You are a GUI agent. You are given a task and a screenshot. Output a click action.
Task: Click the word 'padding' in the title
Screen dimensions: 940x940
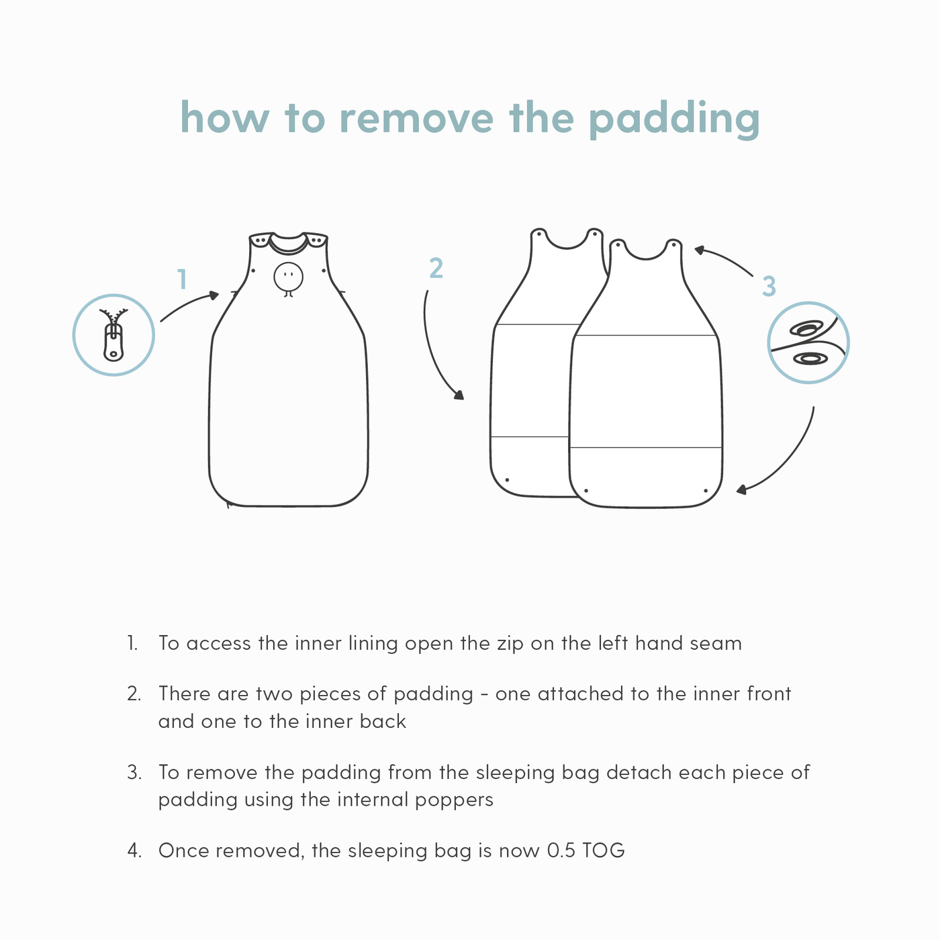pyautogui.click(x=674, y=120)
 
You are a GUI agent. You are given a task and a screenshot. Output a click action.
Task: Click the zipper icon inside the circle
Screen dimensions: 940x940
pyautogui.click(x=113, y=335)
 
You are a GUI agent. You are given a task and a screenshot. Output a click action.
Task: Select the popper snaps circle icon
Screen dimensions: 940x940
pyautogui.click(x=808, y=342)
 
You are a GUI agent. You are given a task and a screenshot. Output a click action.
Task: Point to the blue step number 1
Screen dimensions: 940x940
pyautogui.click(x=181, y=279)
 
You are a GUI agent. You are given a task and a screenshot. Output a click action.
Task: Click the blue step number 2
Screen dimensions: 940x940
pyautogui.click(x=436, y=269)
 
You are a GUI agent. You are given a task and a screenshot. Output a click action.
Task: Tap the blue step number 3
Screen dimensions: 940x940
pyautogui.click(x=769, y=287)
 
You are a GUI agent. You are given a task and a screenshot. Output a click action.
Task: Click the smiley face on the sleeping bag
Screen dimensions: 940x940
pyautogui.click(x=289, y=277)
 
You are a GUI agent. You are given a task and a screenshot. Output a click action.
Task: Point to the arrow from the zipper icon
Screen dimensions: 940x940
pyautogui.click(x=189, y=305)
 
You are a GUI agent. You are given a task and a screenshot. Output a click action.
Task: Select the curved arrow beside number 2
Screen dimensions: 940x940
pyautogui.click(x=436, y=349)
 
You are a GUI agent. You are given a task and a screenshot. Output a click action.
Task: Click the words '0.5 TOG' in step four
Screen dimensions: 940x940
pyautogui.click(x=586, y=851)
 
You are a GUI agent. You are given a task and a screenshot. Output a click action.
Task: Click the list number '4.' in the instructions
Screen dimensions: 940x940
pyautogui.click(x=134, y=851)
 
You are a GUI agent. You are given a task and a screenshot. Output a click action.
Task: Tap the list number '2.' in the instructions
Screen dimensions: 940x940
pyautogui.click(x=134, y=694)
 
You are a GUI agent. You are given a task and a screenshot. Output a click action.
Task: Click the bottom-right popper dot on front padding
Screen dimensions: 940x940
pyautogui.click(x=706, y=491)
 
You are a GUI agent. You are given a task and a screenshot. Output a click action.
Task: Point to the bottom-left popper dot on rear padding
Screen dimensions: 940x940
pyautogui.click(x=507, y=480)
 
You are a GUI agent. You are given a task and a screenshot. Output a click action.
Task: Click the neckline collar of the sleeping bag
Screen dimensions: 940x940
pyautogui.click(x=289, y=243)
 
